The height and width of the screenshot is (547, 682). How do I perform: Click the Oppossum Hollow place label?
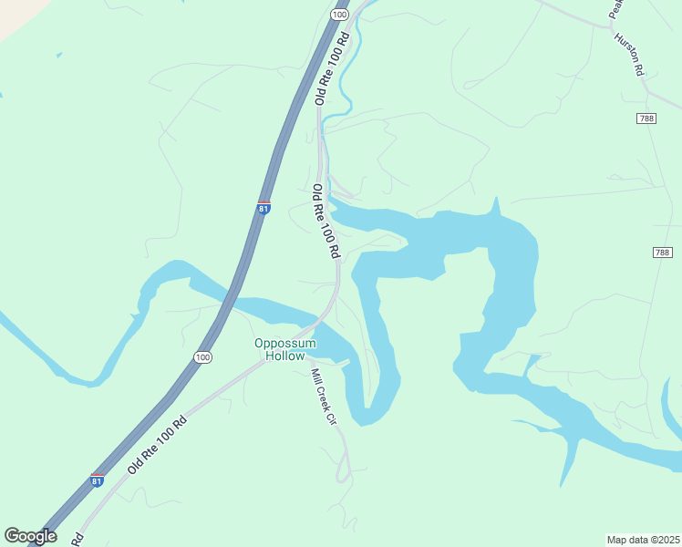click(285, 349)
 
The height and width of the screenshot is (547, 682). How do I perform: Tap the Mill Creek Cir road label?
click(321, 396)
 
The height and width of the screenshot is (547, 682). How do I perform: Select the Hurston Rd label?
click(630, 54)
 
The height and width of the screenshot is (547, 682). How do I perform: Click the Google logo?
click(30, 536)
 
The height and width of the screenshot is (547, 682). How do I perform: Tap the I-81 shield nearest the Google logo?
click(97, 480)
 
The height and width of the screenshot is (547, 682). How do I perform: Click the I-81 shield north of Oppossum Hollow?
click(263, 208)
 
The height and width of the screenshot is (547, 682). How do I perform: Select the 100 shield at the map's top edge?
click(339, 15)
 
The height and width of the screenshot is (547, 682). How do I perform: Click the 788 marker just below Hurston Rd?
click(647, 119)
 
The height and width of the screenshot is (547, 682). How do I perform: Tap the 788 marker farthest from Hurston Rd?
click(663, 252)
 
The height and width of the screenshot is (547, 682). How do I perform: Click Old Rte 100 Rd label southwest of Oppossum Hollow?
click(157, 445)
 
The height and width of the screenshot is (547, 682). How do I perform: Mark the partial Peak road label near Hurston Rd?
click(615, 9)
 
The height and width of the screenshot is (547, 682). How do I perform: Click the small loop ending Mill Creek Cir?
click(344, 472)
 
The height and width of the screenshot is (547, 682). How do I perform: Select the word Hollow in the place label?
click(285, 356)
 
